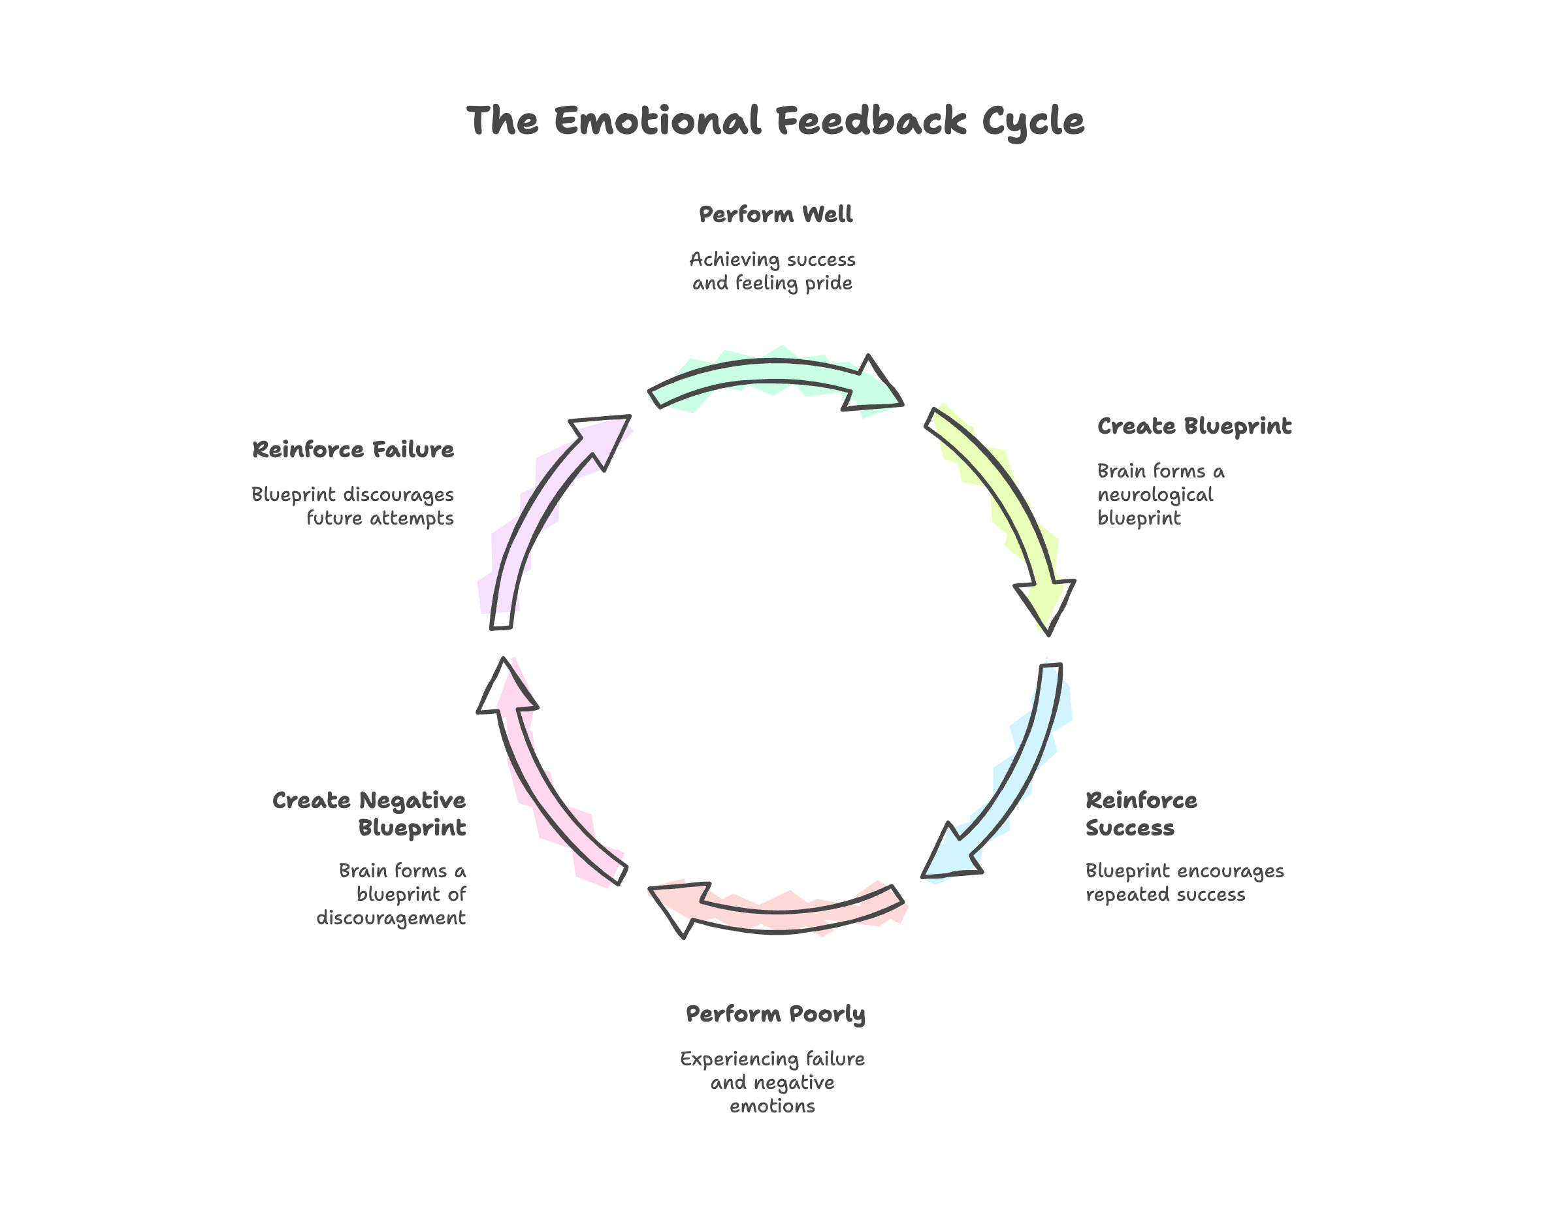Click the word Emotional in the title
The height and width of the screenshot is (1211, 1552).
[x=656, y=121]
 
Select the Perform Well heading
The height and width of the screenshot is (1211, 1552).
[x=775, y=214]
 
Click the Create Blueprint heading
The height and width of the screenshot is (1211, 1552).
[x=1194, y=426]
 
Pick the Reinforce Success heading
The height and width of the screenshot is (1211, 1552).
[x=1140, y=814]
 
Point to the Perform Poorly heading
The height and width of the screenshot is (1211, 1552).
[x=775, y=1014]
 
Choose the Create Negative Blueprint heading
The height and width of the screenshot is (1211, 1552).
[x=370, y=814]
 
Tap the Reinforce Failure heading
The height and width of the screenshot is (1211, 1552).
[x=353, y=449]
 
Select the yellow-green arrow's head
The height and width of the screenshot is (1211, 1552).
[x=1044, y=601]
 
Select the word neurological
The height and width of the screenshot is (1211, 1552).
[x=1155, y=494]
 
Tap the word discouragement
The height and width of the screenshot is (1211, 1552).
[x=391, y=918]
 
